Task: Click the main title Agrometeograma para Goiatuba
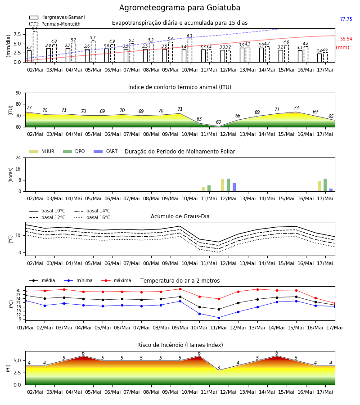tap(180, 8)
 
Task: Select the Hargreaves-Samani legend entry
tap(57, 17)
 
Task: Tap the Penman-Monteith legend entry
tap(55, 24)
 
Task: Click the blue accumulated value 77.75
tap(346, 19)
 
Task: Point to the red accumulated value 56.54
tap(346, 39)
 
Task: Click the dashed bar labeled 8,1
tap(35, 47)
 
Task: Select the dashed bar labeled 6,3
tap(190, 50)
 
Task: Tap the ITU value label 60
tap(219, 122)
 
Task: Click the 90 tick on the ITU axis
tap(18, 93)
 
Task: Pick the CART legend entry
tap(106, 151)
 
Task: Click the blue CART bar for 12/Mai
tap(234, 187)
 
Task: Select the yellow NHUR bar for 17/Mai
tap(319, 186)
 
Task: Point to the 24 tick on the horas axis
tap(18, 157)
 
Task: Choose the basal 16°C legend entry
tap(92, 217)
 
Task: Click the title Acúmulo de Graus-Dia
tap(180, 216)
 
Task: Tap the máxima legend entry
tap(116, 280)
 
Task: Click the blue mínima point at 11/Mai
tap(219, 318)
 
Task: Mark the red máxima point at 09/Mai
tap(180, 289)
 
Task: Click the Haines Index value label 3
tap(219, 368)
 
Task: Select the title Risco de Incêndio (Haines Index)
tap(180, 345)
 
